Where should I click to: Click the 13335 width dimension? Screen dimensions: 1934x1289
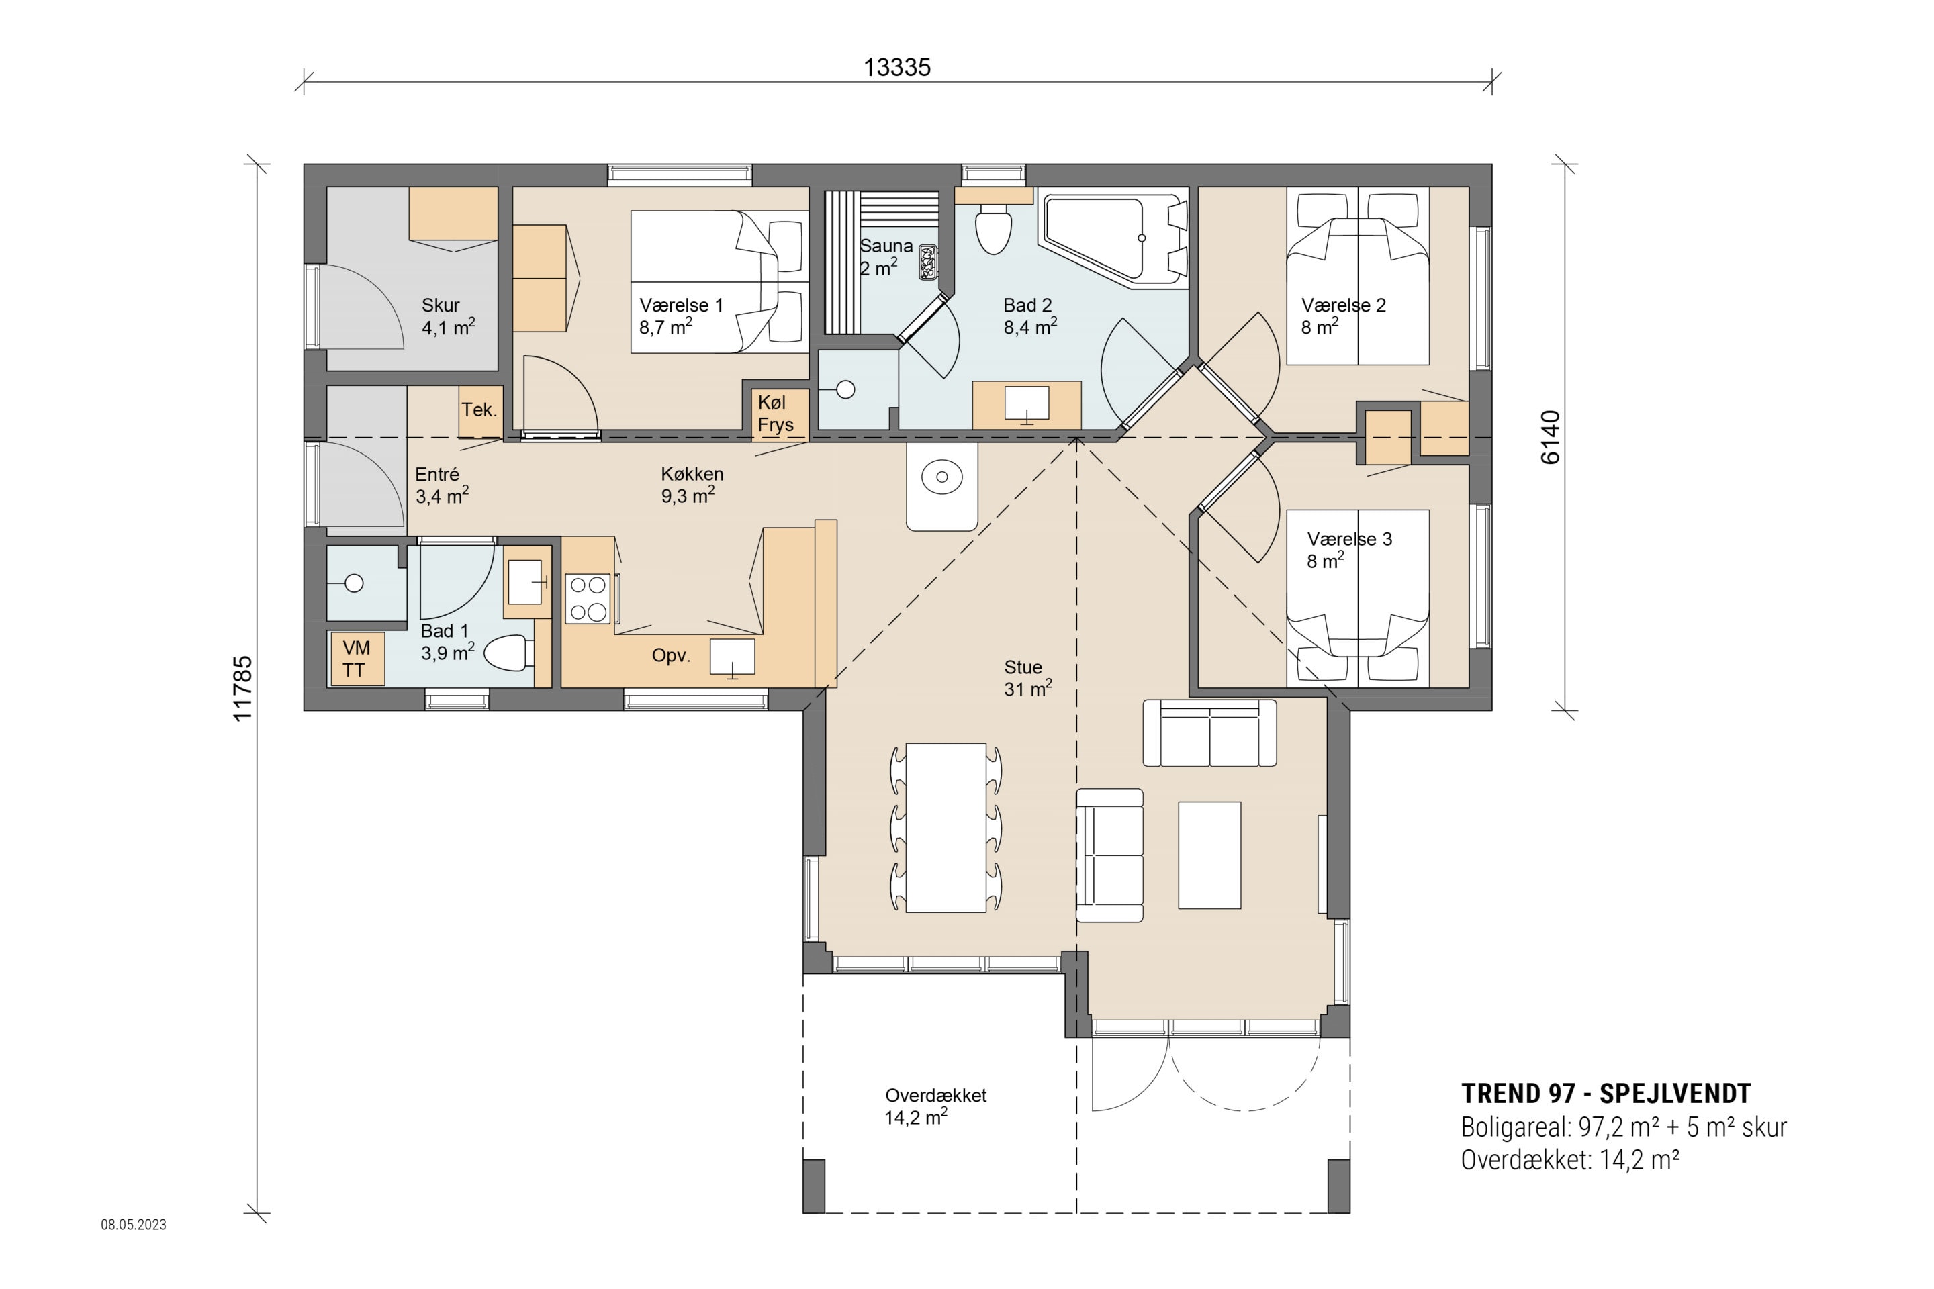click(x=896, y=67)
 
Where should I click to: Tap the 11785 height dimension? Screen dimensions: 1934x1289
click(x=242, y=688)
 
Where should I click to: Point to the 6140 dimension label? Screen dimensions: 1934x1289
click(x=1549, y=437)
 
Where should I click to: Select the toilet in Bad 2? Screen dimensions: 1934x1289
click(x=993, y=230)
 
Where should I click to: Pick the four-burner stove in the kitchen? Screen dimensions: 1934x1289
click(x=588, y=598)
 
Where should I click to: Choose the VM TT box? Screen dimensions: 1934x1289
click(x=356, y=659)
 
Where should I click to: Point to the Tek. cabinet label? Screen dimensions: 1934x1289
click(x=479, y=410)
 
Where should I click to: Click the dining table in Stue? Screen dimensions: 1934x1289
click(x=946, y=827)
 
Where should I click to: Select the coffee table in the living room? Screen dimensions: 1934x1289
click(x=1209, y=855)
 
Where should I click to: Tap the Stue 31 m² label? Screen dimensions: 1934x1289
click(x=1027, y=678)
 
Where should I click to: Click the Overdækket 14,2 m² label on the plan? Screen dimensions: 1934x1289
click(x=935, y=1106)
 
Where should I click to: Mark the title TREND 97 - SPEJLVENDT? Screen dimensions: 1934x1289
click(x=1605, y=1094)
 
